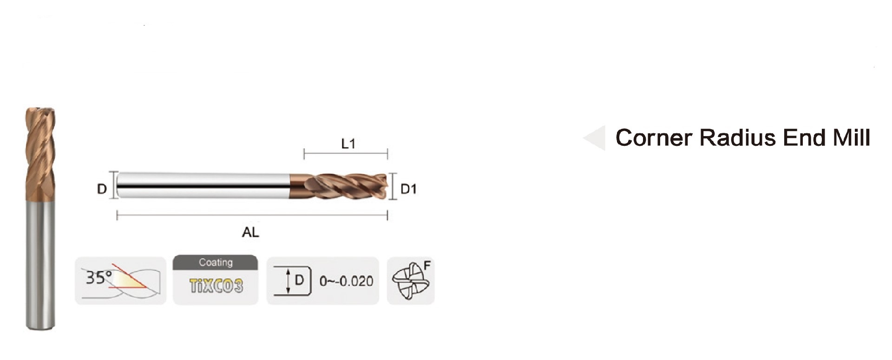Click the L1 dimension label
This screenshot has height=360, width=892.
coord(348,144)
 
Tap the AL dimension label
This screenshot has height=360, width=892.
coord(250,232)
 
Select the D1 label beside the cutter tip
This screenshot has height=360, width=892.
coord(408,189)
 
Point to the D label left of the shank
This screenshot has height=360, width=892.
coord(102,189)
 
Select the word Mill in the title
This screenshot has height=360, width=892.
coord(851,138)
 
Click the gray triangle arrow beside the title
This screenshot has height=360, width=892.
coord(595,138)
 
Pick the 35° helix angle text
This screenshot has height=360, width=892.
coord(98,277)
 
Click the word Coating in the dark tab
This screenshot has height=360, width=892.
coord(216,262)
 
